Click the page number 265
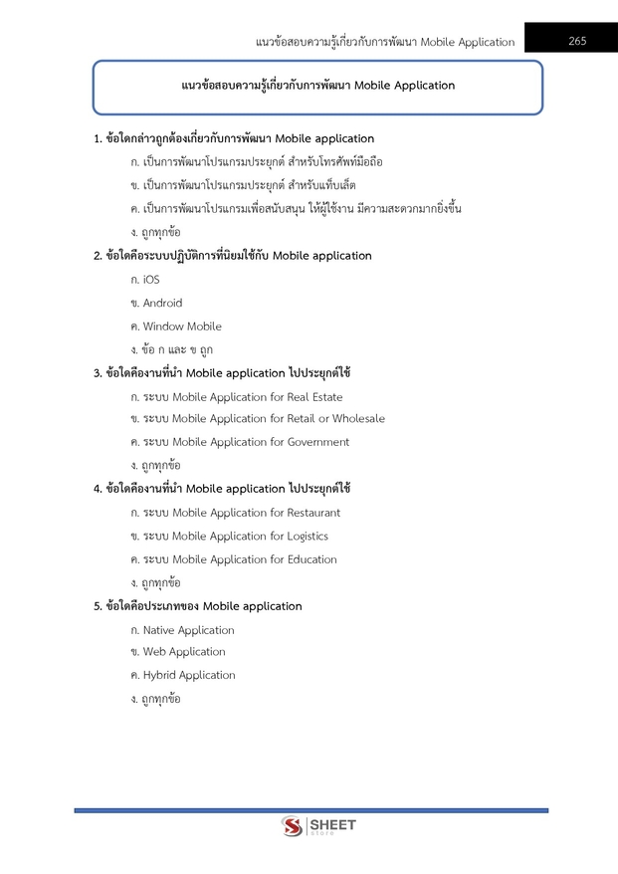tap(577, 41)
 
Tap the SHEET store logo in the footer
tap(318, 826)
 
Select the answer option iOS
tap(150, 280)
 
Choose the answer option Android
tap(162, 303)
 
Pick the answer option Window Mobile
tap(182, 327)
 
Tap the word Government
tap(318, 442)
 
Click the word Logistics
tap(308, 537)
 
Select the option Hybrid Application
tap(189, 675)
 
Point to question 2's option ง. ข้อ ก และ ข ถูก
tap(171, 349)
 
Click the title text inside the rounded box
tap(318, 86)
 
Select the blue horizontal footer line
tap(310, 810)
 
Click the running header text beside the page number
tap(385, 42)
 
